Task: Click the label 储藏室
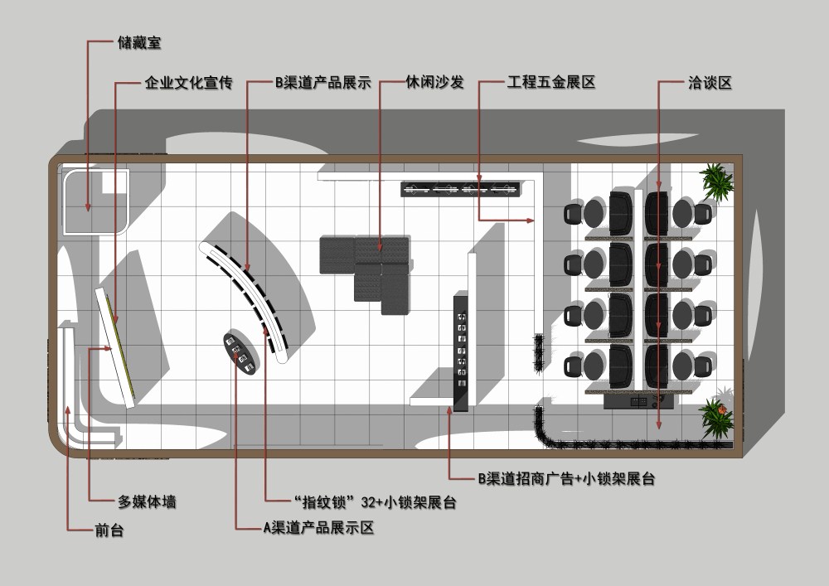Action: point(139,42)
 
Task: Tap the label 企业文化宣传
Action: point(188,84)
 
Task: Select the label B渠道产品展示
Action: point(322,84)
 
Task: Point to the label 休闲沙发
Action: point(434,84)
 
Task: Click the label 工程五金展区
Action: point(551,84)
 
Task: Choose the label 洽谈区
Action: point(710,84)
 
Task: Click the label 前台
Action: point(109,530)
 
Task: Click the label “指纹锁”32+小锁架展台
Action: point(375,502)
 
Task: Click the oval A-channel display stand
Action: point(240,353)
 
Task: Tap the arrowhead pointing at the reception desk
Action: point(67,409)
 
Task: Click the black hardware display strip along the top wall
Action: point(461,190)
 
